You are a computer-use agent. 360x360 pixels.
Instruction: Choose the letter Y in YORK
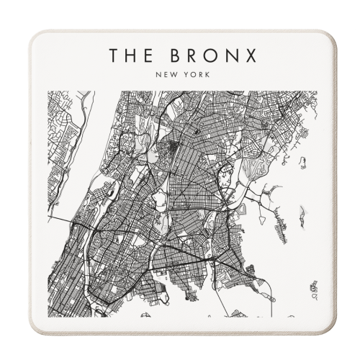point(182,73)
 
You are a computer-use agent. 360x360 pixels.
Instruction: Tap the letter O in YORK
point(188,73)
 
